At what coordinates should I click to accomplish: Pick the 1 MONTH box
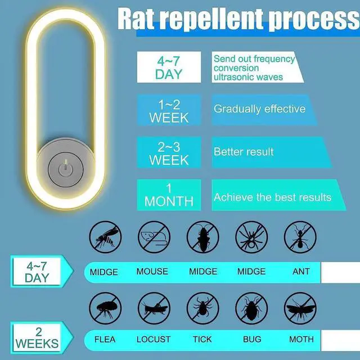click(x=169, y=195)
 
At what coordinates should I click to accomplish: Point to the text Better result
click(x=244, y=152)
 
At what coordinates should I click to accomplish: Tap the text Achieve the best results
click(x=272, y=197)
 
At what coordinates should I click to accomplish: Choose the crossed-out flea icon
click(x=105, y=308)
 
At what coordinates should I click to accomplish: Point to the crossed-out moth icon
click(x=300, y=308)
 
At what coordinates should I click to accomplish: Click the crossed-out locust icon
click(x=152, y=308)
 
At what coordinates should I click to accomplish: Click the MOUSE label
click(x=152, y=272)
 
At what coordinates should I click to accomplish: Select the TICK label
click(x=202, y=339)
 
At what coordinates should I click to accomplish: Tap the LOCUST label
click(x=153, y=339)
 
